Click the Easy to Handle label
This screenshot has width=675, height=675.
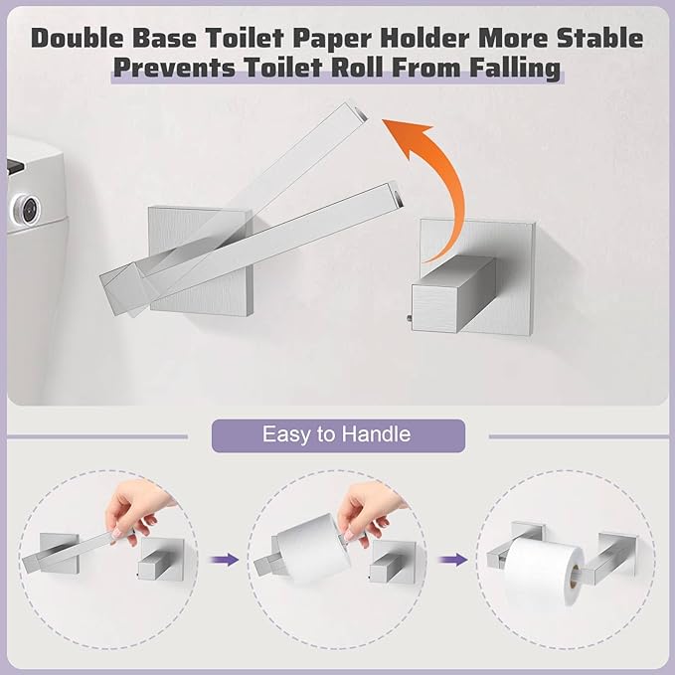click(x=336, y=434)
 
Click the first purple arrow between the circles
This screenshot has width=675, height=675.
click(x=229, y=561)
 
